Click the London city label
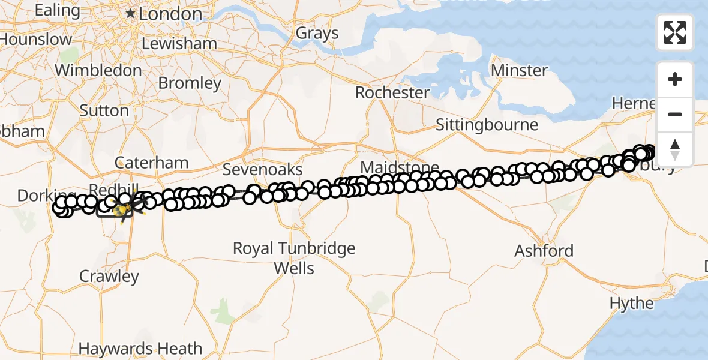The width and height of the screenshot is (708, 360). (x=170, y=14)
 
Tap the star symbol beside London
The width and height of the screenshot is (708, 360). (x=130, y=13)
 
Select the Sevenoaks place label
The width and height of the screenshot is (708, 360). (x=263, y=170)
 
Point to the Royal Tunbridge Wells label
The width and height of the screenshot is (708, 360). (x=294, y=257)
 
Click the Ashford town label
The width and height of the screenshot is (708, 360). (x=544, y=250)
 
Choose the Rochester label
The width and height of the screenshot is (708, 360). (x=392, y=93)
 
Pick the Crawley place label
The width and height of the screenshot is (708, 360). (x=109, y=277)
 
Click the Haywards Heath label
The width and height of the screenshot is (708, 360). (x=140, y=348)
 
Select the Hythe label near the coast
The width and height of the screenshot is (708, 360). (x=631, y=303)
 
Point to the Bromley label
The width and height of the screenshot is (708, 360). (x=190, y=83)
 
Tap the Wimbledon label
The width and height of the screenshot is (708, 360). (x=98, y=70)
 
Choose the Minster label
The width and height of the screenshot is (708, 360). (x=519, y=71)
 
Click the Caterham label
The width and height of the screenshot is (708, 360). (x=152, y=163)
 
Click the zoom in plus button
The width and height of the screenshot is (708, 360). (x=675, y=79)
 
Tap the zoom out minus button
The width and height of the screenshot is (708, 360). (x=675, y=114)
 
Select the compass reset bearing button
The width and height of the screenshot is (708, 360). (x=675, y=149)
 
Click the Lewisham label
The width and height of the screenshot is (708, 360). (x=179, y=44)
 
